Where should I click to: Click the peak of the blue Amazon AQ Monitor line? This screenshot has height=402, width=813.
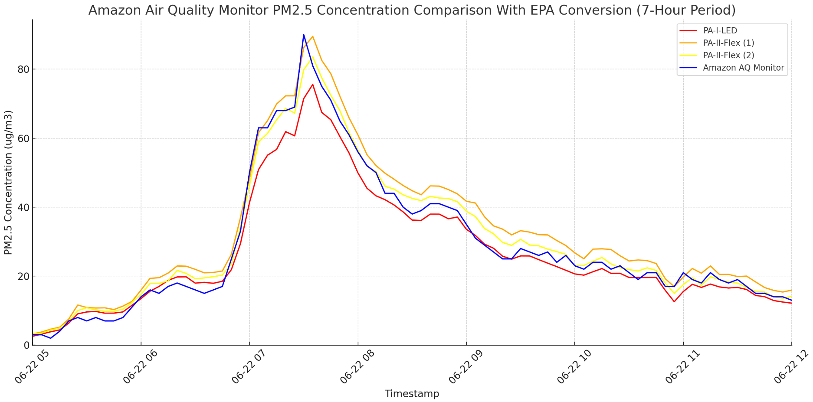click(x=304, y=35)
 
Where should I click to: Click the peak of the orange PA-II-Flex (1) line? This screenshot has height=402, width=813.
click(x=313, y=36)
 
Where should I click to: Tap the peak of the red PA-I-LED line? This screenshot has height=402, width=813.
click(x=313, y=85)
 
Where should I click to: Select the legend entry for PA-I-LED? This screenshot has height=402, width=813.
click(x=720, y=31)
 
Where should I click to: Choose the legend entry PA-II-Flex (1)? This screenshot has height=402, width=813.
click(x=728, y=43)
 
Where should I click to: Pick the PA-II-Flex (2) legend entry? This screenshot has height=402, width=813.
click(x=728, y=55)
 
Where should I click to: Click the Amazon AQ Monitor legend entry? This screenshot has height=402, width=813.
click(x=743, y=68)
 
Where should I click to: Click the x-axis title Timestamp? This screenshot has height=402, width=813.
click(x=412, y=394)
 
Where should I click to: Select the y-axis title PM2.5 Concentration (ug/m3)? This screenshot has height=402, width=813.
click(x=8, y=182)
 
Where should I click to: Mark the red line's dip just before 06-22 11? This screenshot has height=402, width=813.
click(x=674, y=302)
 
